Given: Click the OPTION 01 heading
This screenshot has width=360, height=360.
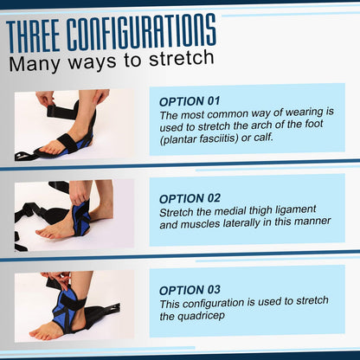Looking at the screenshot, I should pyautogui.click(x=190, y=100).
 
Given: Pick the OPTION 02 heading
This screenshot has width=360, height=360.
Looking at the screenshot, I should pyautogui.click(x=190, y=198).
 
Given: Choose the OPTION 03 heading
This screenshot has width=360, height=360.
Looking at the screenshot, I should pyautogui.click(x=190, y=289).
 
